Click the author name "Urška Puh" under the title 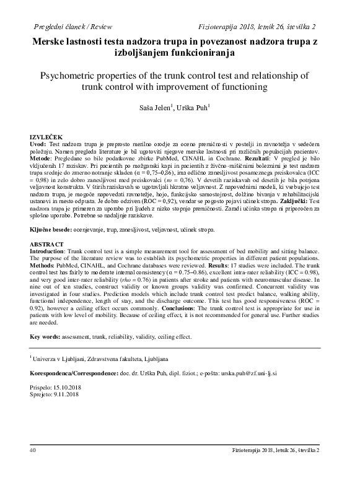[195, 107]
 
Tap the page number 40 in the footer [33, 468]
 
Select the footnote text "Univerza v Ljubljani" [64, 359]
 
